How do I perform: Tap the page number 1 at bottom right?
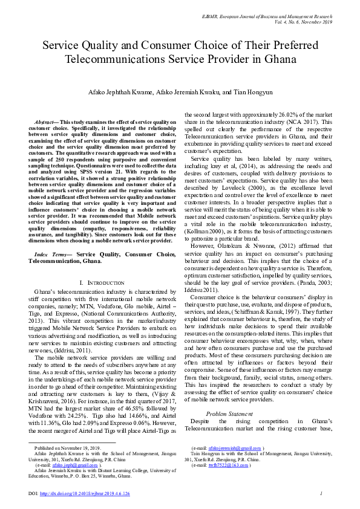(x=320, y=494)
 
